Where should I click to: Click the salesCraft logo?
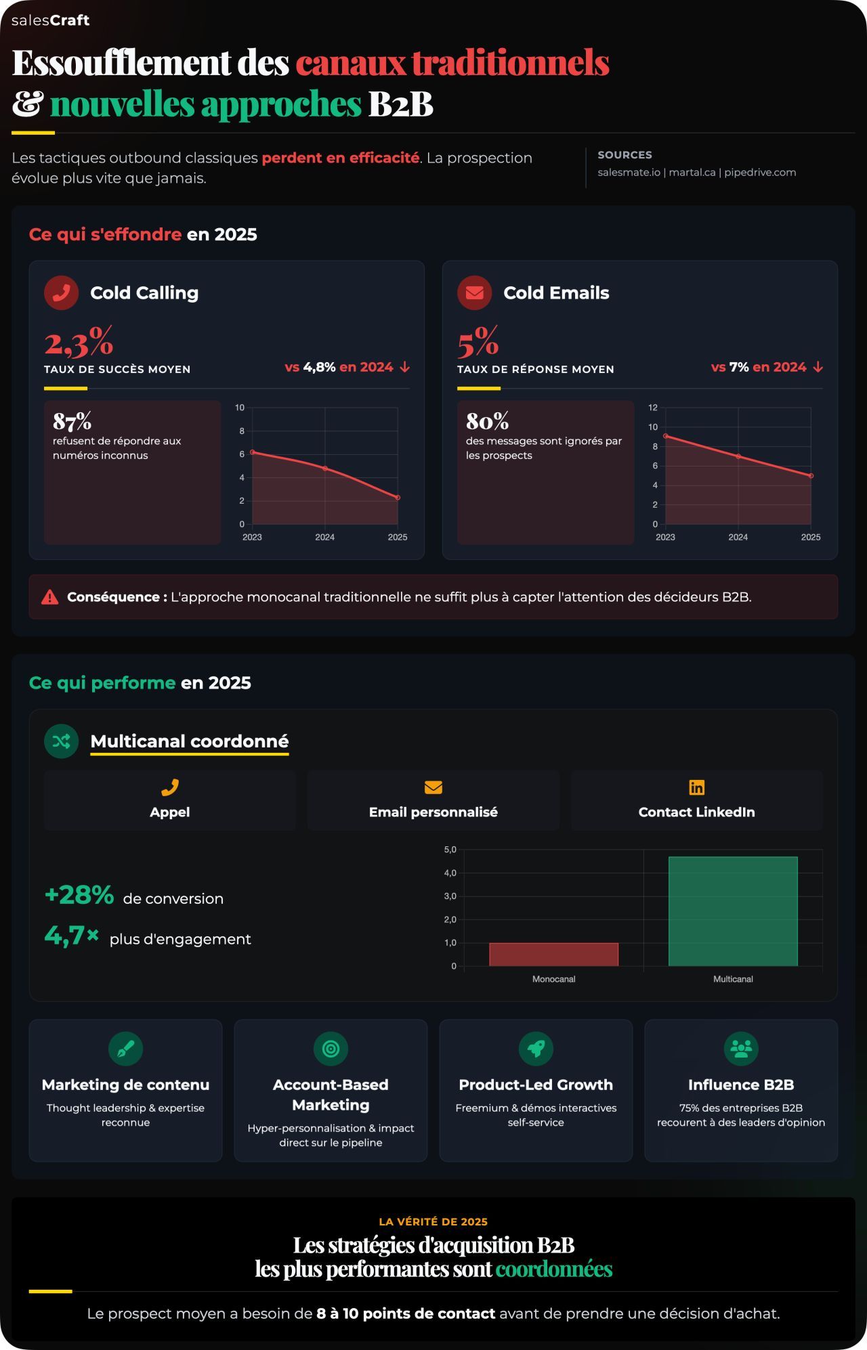pos(50,20)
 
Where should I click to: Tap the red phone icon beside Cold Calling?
pos(62,292)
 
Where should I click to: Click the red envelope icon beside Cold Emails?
pos(475,292)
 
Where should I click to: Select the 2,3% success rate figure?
pos(79,342)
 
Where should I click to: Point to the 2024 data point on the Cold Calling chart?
pos(325,469)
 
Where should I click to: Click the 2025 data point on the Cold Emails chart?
pos(811,476)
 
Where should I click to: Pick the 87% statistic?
pos(72,421)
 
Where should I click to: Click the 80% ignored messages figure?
pos(487,421)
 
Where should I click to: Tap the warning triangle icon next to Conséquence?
pos(49,597)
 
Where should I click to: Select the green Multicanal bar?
pos(733,911)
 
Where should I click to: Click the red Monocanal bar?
pos(553,955)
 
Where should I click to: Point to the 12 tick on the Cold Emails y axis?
pos(653,408)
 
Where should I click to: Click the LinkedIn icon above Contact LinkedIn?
pos(696,787)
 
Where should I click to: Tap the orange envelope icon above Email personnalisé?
pos(433,787)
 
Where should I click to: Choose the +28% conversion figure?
pos(79,895)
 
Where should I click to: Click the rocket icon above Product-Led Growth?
pos(536,1049)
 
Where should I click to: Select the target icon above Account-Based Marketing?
pos(331,1049)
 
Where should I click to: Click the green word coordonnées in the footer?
pos(553,1269)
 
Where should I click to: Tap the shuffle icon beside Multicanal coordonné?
pos(62,741)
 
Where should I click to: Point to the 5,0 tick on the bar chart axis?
pos(450,850)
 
